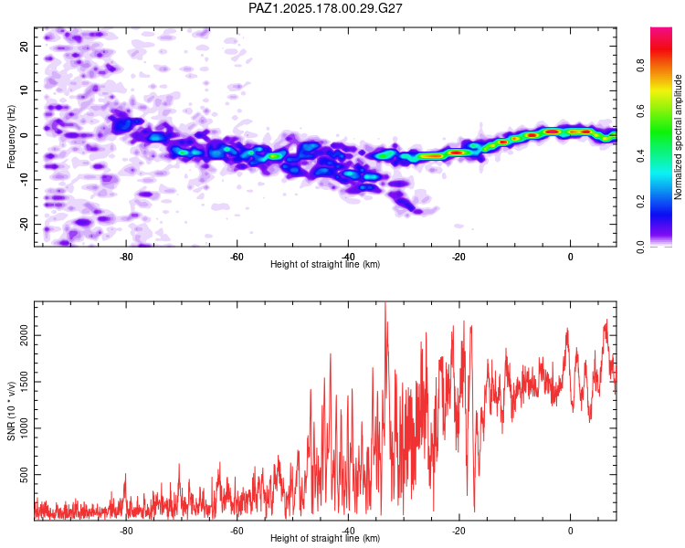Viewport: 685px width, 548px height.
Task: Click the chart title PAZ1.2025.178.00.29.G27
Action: tap(325, 8)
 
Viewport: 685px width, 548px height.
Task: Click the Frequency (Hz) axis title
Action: tap(11, 137)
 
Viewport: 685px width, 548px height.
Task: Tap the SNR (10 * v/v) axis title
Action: tap(11, 411)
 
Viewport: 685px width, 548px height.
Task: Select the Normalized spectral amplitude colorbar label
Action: tap(678, 137)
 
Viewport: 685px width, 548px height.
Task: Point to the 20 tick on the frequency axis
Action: tap(24, 46)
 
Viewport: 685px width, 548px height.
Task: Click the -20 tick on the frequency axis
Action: tap(24, 224)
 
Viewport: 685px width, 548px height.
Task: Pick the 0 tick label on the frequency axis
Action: tap(24, 135)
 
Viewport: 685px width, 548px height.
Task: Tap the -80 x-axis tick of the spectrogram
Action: tap(126, 257)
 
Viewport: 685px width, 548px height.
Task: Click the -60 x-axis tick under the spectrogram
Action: tap(237, 257)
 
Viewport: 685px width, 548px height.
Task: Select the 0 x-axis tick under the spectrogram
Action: tap(570, 257)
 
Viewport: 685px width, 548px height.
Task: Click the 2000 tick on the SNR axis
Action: tap(24, 335)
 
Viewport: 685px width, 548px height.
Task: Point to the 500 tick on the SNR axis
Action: tap(24, 475)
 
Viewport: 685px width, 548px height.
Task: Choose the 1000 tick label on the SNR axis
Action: tap(24, 428)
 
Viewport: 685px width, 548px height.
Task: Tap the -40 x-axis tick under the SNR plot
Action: tap(348, 531)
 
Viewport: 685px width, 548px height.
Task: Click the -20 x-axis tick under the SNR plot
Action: tap(458, 531)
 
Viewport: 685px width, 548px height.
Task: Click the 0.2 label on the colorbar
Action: tap(640, 202)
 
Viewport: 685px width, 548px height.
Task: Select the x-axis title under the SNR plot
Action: tap(325, 538)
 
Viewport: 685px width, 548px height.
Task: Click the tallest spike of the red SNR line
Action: tap(385, 303)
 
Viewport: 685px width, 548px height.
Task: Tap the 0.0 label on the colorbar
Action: tap(640, 247)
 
